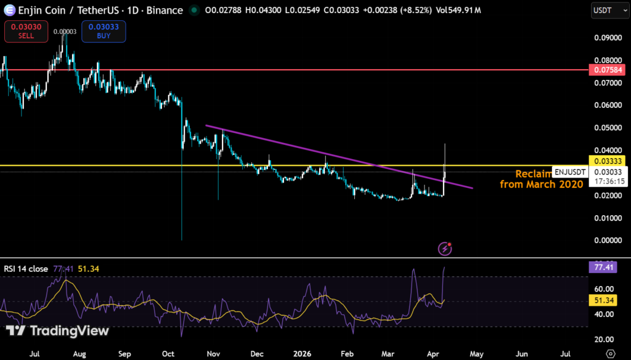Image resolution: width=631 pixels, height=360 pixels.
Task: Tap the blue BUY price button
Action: pyautogui.click(x=104, y=31)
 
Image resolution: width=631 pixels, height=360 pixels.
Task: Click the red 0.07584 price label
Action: pyautogui.click(x=608, y=70)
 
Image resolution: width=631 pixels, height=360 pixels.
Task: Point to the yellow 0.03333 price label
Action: pyautogui.click(x=608, y=160)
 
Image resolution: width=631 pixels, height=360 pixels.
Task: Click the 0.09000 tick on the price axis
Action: pyautogui.click(x=608, y=38)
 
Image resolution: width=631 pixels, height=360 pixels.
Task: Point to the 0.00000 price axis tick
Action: pyautogui.click(x=608, y=240)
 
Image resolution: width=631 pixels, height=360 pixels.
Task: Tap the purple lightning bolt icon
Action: pyautogui.click(x=444, y=248)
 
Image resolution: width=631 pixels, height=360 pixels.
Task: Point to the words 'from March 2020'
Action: pyautogui.click(x=541, y=184)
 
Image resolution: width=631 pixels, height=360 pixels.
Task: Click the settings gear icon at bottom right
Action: pyautogui.click(x=610, y=353)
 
